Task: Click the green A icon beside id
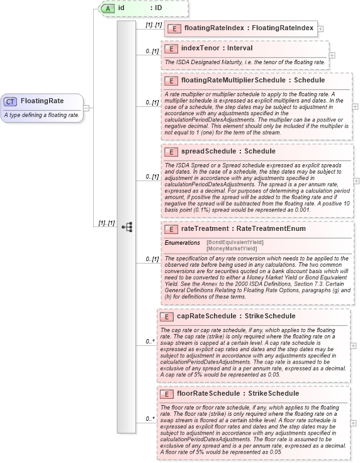click(x=108, y=8)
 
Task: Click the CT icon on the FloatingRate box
click(x=10, y=101)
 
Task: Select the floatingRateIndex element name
click(x=247, y=28)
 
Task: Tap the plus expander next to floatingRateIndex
click(x=321, y=28)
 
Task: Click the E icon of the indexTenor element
click(x=170, y=48)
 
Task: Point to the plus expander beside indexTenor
click(x=332, y=55)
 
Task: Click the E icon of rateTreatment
click(x=170, y=229)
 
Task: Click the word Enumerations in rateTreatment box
click(x=182, y=242)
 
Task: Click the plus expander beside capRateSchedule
click(x=354, y=345)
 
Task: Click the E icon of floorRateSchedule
click(x=166, y=394)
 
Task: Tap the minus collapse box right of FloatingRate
click(x=86, y=108)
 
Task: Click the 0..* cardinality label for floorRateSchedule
click(x=150, y=418)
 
